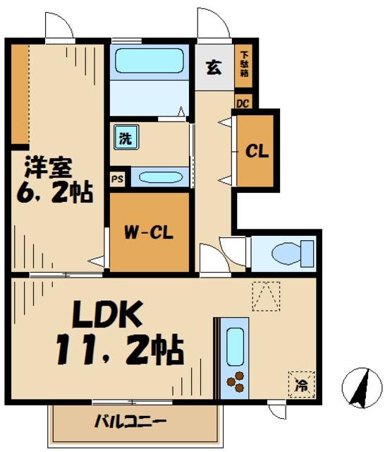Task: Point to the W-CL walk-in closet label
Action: pyautogui.click(x=150, y=232)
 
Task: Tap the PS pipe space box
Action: pyautogui.click(x=118, y=179)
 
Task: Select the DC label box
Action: pyautogui.click(x=243, y=102)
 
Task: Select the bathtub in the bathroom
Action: pyautogui.click(x=150, y=61)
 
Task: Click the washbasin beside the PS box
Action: pyautogui.click(x=160, y=177)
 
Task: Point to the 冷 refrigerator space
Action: pyautogui.click(x=301, y=386)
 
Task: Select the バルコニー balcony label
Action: pyautogui.click(x=130, y=422)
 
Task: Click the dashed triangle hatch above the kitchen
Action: pyautogui.click(x=266, y=296)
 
